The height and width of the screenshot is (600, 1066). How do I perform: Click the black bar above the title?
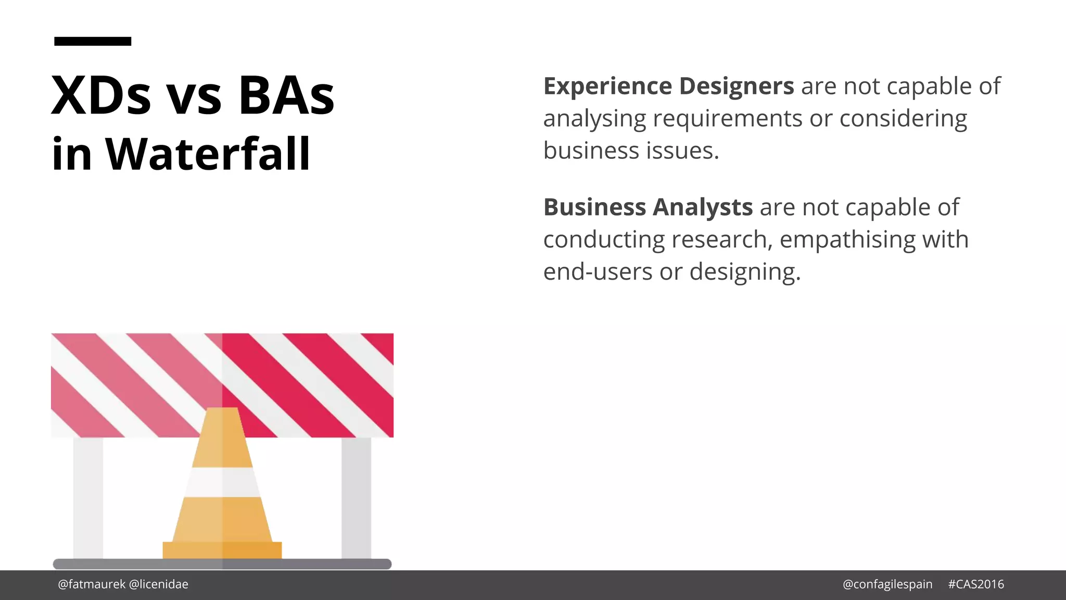pos(93,41)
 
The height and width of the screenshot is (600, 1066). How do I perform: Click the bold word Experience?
pos(607,86)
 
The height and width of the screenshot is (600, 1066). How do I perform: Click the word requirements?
pos(727,119)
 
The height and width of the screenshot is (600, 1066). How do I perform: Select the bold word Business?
pos(594,207)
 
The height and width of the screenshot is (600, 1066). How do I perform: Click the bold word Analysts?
pos(703,207)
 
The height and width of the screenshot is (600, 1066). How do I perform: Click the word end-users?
pos(598,272)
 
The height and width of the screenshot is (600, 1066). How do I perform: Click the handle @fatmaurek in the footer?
pos(92,584)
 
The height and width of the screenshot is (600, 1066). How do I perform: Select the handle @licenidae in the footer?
pos(158,584)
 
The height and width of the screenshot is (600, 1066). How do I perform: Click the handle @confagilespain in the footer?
pos(887,584)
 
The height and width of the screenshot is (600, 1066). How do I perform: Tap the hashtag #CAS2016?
pos(976,584)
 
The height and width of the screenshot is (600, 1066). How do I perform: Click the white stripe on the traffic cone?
pos(222,482)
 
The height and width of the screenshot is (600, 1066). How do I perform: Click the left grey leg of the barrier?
pos(88,497)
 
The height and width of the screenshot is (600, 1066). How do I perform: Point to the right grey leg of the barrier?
pos(357,497)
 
